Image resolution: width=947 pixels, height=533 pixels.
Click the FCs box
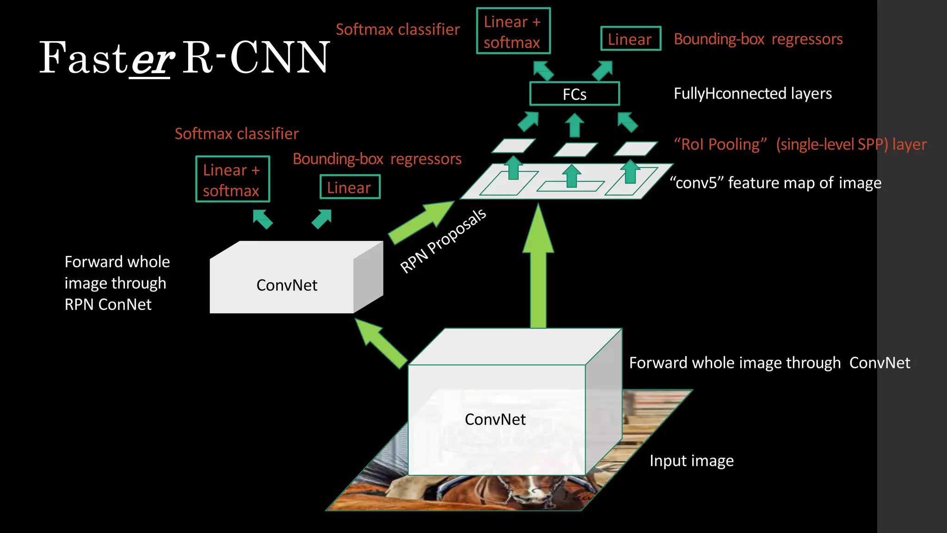(574, 94)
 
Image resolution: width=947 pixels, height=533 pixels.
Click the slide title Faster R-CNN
(184, 58)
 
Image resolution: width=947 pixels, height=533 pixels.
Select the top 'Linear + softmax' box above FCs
(513, 31)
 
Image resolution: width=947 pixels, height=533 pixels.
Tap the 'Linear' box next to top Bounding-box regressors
(630, 39)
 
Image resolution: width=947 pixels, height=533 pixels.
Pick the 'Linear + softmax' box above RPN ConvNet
(233, 180)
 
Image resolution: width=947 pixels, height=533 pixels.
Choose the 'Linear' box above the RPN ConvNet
(350, 187)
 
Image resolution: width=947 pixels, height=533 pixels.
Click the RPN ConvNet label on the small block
(287, 285)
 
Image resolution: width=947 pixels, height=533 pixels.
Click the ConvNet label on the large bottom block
(495, 419)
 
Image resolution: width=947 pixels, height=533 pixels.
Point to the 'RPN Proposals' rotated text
(443, 241)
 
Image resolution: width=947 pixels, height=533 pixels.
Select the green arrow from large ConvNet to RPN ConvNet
(380, 342)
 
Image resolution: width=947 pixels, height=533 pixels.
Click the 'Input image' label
(691, 461)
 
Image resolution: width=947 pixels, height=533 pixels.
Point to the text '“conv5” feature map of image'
(775, 183)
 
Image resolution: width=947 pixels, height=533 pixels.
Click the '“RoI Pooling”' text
(720, 144)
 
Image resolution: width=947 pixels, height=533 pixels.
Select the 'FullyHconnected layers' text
(752, 93)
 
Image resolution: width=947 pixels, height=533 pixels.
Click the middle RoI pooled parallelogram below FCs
(575, 149)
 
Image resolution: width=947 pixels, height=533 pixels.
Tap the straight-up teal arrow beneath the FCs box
(575, 125)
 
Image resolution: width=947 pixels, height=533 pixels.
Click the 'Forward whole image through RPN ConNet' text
(117, 283)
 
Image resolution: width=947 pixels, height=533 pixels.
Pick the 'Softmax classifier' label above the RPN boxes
(236, 134)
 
